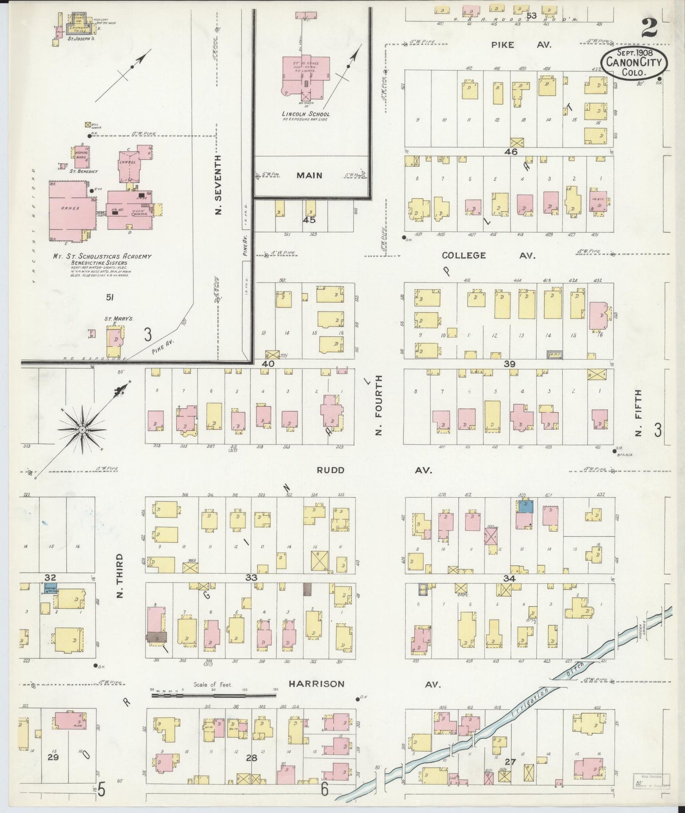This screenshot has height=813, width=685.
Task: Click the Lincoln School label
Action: click(x=305, y=114)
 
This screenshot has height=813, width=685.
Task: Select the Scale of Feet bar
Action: click(x=213, y=695)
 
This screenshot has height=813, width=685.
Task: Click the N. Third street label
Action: click(x=119, y=575)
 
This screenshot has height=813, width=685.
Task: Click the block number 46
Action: click(x=511, y=152)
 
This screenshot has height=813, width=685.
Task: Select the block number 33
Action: click(x=251, y=577)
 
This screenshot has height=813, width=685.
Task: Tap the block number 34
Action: click(x=509, y=578)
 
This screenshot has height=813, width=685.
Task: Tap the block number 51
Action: click(x=110, y=297)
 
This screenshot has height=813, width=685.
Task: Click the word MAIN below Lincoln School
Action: click(x=309, y=176)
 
